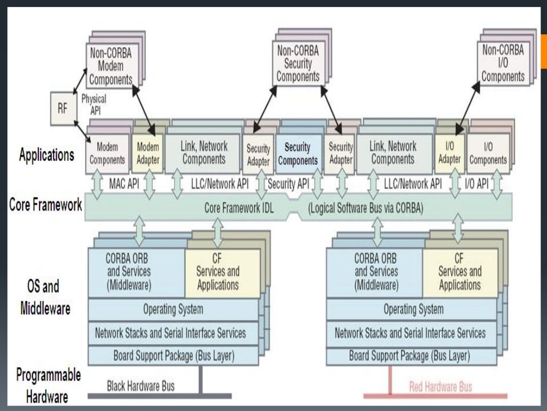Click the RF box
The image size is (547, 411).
click(x=62, y=109)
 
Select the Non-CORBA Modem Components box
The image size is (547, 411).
click(x=110, y=66)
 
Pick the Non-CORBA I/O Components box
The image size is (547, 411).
click(x=503, y=64)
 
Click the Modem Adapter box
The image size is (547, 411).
click(x=148, y=153)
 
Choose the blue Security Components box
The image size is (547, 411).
click(x=301, y=154)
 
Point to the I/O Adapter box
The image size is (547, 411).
click(x=450, y=153)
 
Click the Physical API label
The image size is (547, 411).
click(x=93, y=104)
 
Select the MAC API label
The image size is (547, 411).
click(x=124, y=184)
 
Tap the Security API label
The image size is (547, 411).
click(x=288, y=184)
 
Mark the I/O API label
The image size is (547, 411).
click(x=476, y=184)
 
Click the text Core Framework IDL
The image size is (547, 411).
click(x=239, y=208)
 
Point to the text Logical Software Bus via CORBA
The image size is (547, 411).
click(x=366, y=208)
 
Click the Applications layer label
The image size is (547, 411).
click(x=46, y=155)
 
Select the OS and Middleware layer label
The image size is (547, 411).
click(x=45, y=298)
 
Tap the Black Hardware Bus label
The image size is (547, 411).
click(x=140, y=385)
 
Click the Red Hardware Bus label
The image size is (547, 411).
click(x=440, y=386)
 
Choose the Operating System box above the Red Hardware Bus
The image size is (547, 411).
click(x=413, y=309)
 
